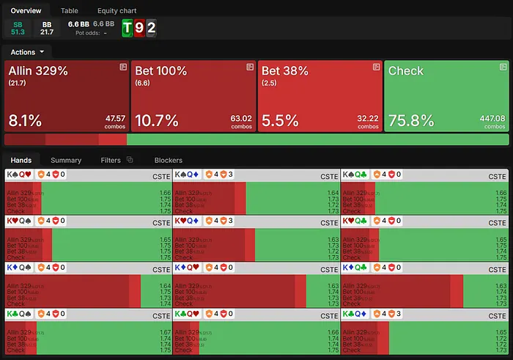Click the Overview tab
26,11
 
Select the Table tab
70,11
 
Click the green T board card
128,29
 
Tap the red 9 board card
139,29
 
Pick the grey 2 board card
151,29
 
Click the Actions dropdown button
27,52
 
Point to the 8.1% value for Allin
25,120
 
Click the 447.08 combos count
491,118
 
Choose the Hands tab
21,160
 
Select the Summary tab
66,160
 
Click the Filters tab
111,160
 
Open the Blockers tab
168,160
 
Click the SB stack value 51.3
18,32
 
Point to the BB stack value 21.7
47,32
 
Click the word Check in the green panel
406,71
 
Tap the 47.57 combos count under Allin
115,118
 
